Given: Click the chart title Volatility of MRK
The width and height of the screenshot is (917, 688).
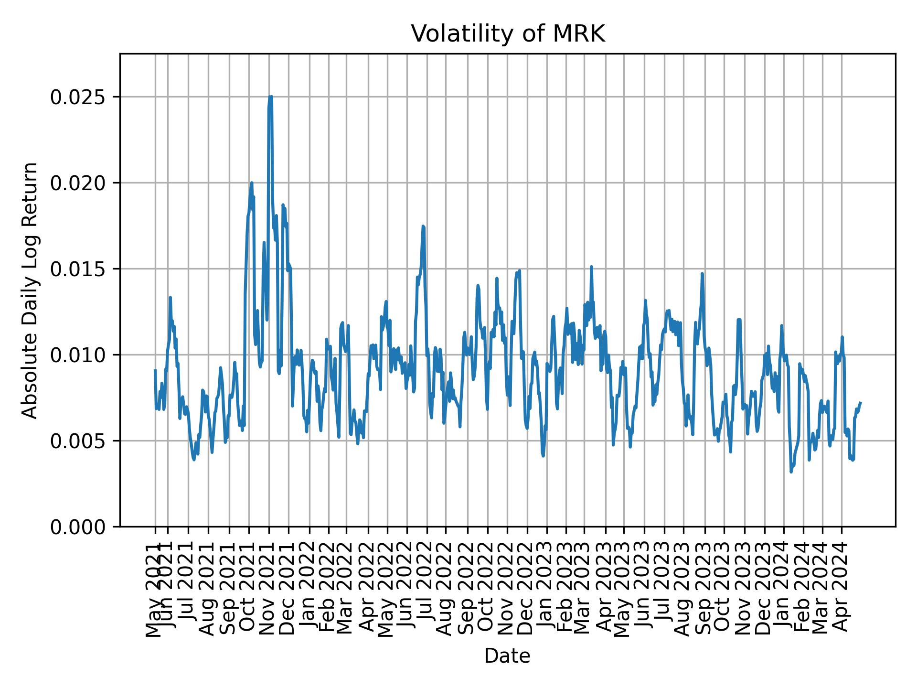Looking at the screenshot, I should pyautogui.click(x=508, y=34).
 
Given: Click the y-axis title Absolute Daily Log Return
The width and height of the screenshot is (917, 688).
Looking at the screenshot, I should pyautogui.click(x=31, y=290).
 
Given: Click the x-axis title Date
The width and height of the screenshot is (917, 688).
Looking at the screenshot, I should pyautogui.click(x=507, y=656).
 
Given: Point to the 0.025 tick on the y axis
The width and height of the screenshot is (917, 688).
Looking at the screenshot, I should pyautogui.click(x=78, y=97).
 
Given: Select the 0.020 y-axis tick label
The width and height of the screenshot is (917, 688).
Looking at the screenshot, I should pyautogui.click(x=78, y=183).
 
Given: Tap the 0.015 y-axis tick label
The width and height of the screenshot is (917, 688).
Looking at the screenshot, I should pyautogui.click(x=78, y=269).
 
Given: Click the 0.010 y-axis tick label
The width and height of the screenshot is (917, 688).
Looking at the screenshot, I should pyautogui.click(x=78, y=355).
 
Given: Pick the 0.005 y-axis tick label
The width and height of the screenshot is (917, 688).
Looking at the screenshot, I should pyautogui.click(x=78, y=441).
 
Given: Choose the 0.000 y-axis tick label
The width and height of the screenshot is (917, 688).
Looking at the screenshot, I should pyautogui.click(x=78, y=527).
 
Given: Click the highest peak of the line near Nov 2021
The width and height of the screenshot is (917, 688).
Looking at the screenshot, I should pyautogui.click(x=270, y=97).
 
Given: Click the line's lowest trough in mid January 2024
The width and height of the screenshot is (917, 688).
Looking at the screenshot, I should pyautogui.click(x=791, y=472).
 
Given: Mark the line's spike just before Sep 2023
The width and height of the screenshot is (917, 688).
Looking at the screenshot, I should pyautogui.click(x=702, y=274).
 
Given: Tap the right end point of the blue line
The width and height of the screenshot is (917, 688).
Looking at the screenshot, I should pyautogui.click(x=860, y=403).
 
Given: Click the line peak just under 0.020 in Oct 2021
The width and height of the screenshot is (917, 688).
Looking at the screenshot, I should pyautogui.click(x=252, y=183).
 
